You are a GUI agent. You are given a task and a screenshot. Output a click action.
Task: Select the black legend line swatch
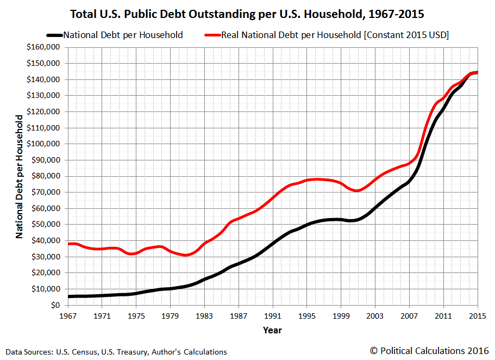[54, 35]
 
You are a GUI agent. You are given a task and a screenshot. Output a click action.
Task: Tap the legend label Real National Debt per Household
[334, 35]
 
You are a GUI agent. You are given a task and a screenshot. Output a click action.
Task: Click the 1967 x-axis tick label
[68, 315]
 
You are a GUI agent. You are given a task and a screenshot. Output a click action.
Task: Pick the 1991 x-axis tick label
[273, 315]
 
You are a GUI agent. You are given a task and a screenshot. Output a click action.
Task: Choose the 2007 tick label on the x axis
[409, 315]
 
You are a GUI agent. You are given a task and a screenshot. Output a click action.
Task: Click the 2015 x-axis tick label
[477, 315]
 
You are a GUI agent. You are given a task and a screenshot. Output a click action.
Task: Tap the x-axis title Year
[272, 330]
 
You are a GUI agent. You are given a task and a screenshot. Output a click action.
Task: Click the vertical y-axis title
[20, 176]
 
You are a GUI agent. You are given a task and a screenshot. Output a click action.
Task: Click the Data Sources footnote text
[116, 352]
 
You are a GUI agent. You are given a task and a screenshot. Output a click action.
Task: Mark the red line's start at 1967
[69, 244]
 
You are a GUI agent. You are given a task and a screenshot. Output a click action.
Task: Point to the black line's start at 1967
[69, 296]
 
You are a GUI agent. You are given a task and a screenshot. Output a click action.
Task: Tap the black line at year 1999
[341, 220]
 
